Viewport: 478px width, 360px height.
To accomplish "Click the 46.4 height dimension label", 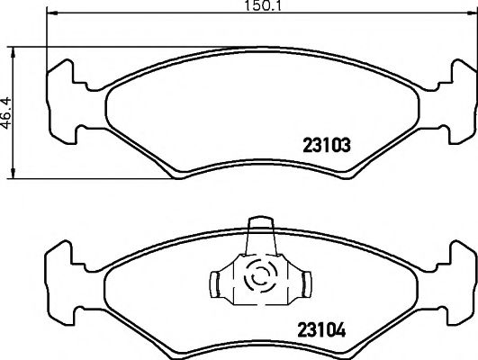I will (x=6, y=113).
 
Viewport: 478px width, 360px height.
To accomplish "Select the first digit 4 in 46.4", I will (x=6, y=124).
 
